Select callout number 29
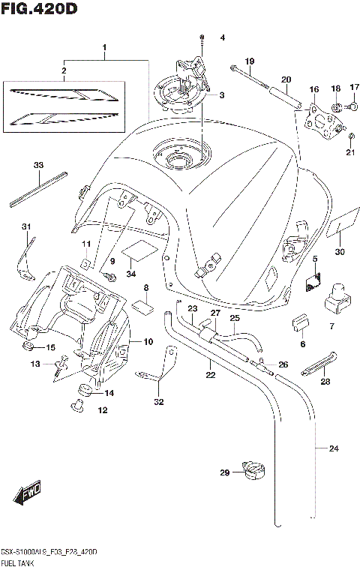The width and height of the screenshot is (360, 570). [224, 472]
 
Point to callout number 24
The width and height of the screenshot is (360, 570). [333, 449]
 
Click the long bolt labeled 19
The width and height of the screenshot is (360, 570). [250, 76]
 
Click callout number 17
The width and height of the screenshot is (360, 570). [354, 87]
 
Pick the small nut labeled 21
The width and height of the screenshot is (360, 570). [351, 136]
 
